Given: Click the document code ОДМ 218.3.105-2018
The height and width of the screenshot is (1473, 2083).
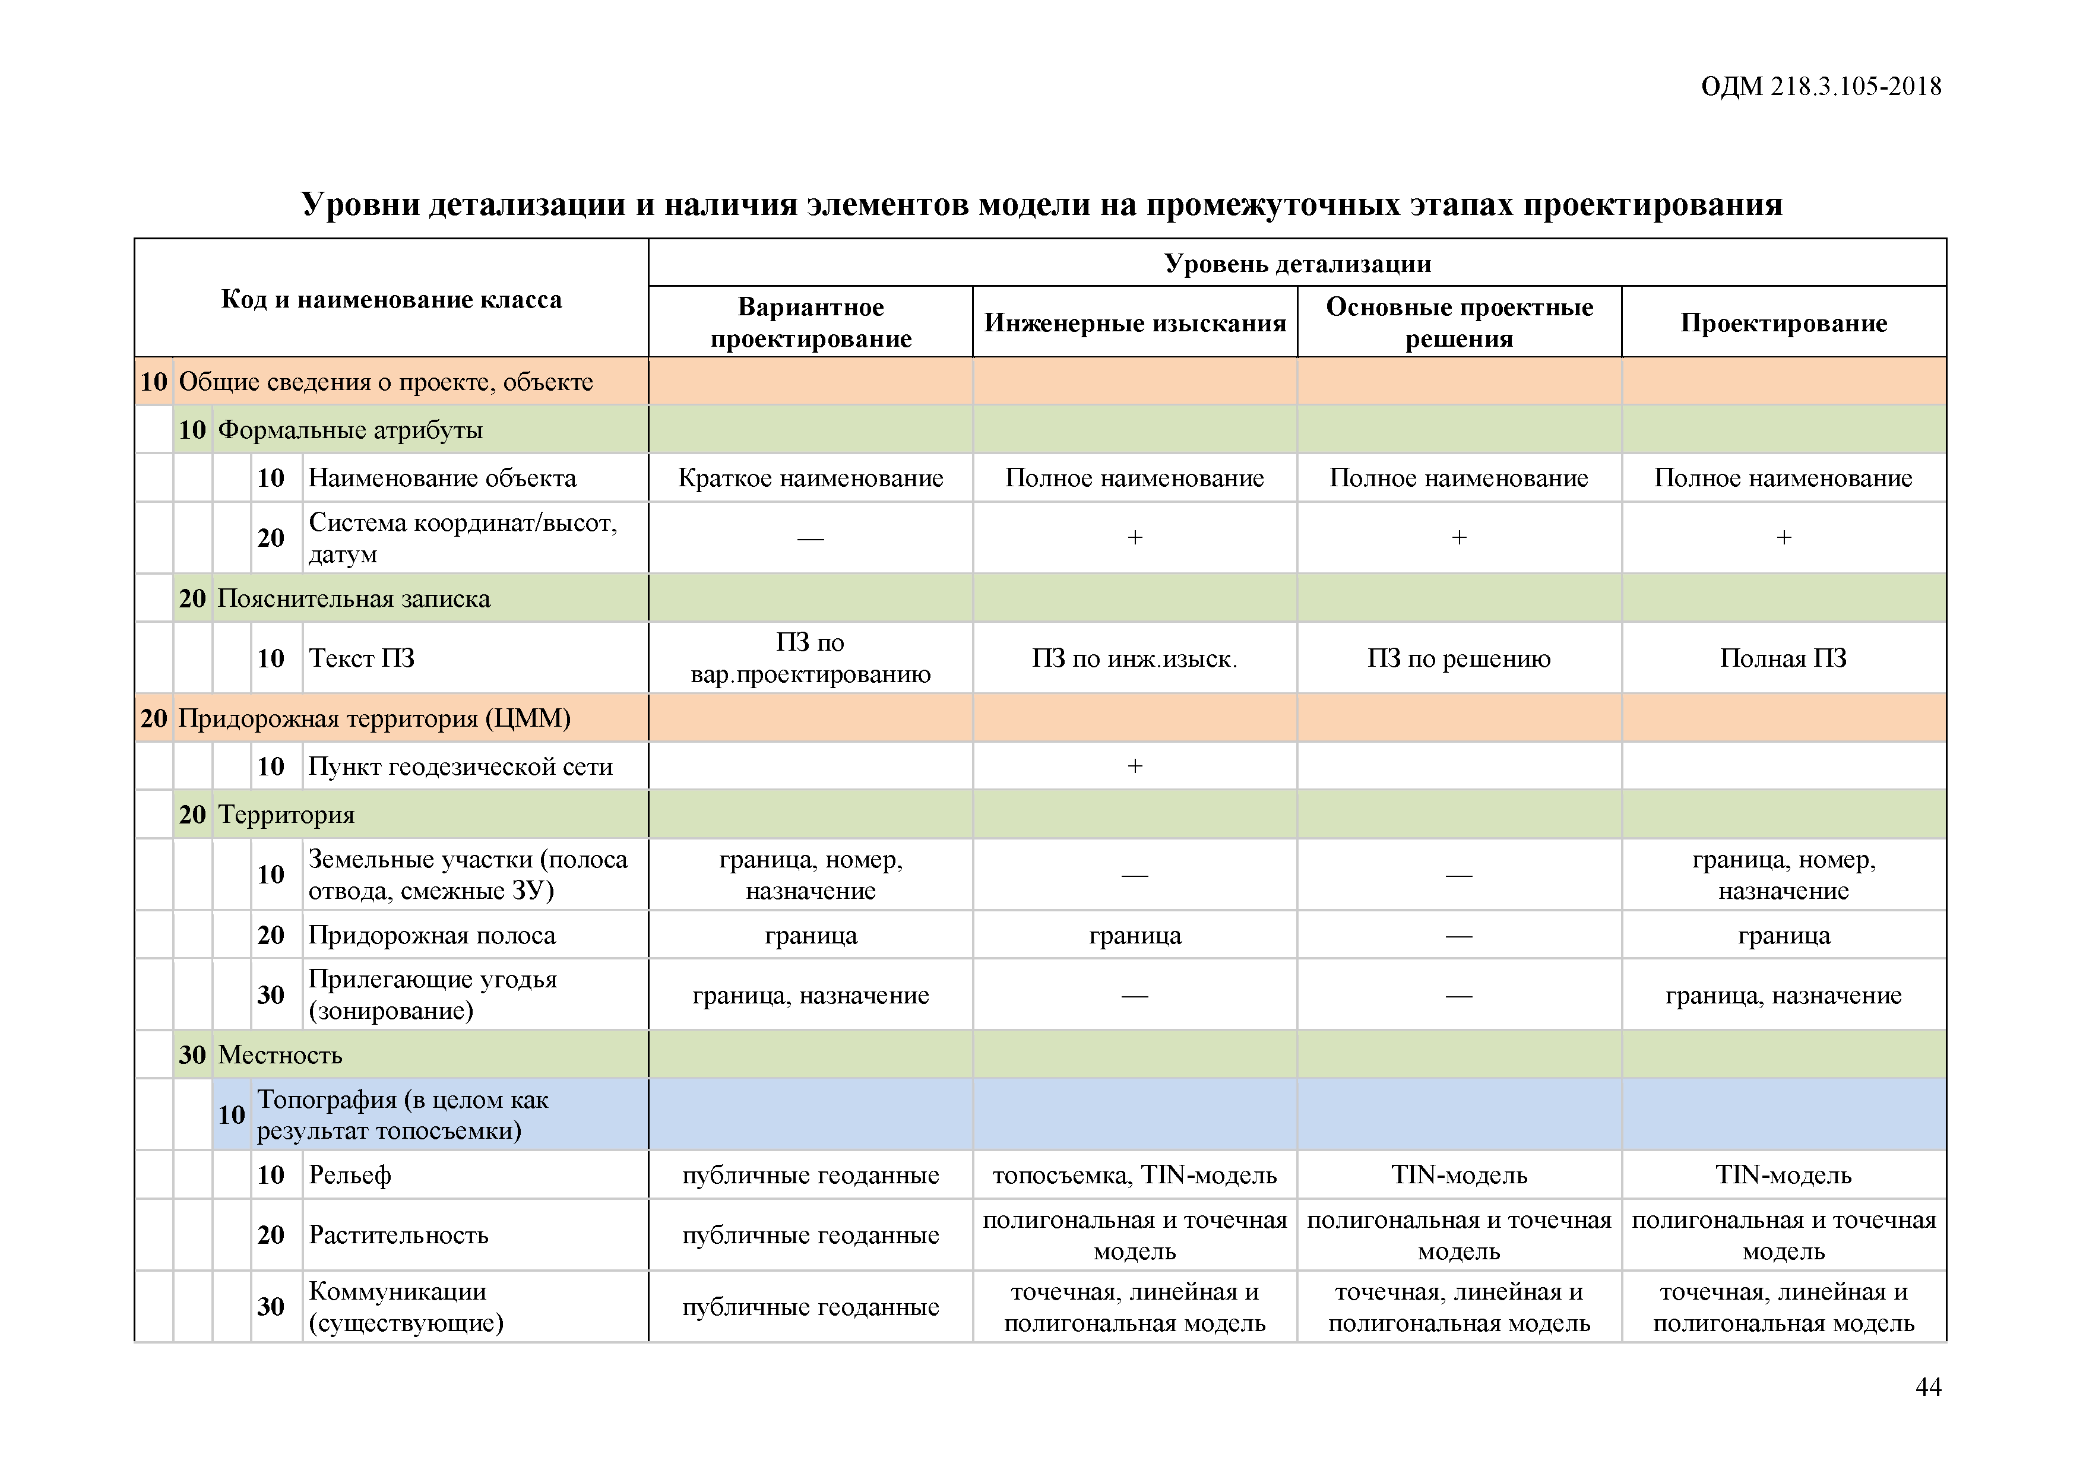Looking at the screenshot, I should pyautogui.click(x=1820, y=87).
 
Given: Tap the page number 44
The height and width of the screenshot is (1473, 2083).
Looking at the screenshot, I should pyautogui.click(x=1928, y=1387).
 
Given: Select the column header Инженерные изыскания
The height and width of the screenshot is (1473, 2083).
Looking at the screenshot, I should pyautogui.click(x=1135, y=323).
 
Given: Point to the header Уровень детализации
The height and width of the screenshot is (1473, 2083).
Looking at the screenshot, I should pyautogui.click(x=1297, y=264).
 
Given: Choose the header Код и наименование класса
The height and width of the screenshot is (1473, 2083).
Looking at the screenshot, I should pyautogui.click(x=391, y=299).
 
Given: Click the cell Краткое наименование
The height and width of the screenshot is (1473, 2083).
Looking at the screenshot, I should pyautogui.click(x=810, y=478).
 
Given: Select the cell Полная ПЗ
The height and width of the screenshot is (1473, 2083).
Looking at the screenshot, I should pyautogui.click(x=1783, y=658).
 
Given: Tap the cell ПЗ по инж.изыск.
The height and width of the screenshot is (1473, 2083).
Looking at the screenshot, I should pyautogui.click(x=1134, y=658).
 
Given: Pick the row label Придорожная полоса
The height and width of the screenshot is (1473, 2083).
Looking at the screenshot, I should pyautogui.click(x=432, y=935).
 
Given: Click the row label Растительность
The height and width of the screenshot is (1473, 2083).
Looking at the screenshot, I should pyautogui.click(x=398, y=1234).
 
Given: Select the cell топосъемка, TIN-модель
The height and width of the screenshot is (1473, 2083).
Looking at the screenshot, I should pyautogui.click(x=1134, y=1176).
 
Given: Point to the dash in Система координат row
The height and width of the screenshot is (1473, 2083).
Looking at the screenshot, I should pyautogui.click(x=810, y=538).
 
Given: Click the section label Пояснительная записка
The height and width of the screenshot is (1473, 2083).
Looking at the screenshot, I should pyautogui.click(x=354, y=598).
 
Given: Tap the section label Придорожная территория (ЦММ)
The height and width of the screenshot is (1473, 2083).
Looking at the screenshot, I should pyautogui.click(x=373, y=718).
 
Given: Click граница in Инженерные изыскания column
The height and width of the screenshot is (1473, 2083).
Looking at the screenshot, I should pyautogui.click(x=1134, y=935).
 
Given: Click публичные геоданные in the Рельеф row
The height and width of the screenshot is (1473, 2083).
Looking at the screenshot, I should pyautogui.click(x=810, y=1176).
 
